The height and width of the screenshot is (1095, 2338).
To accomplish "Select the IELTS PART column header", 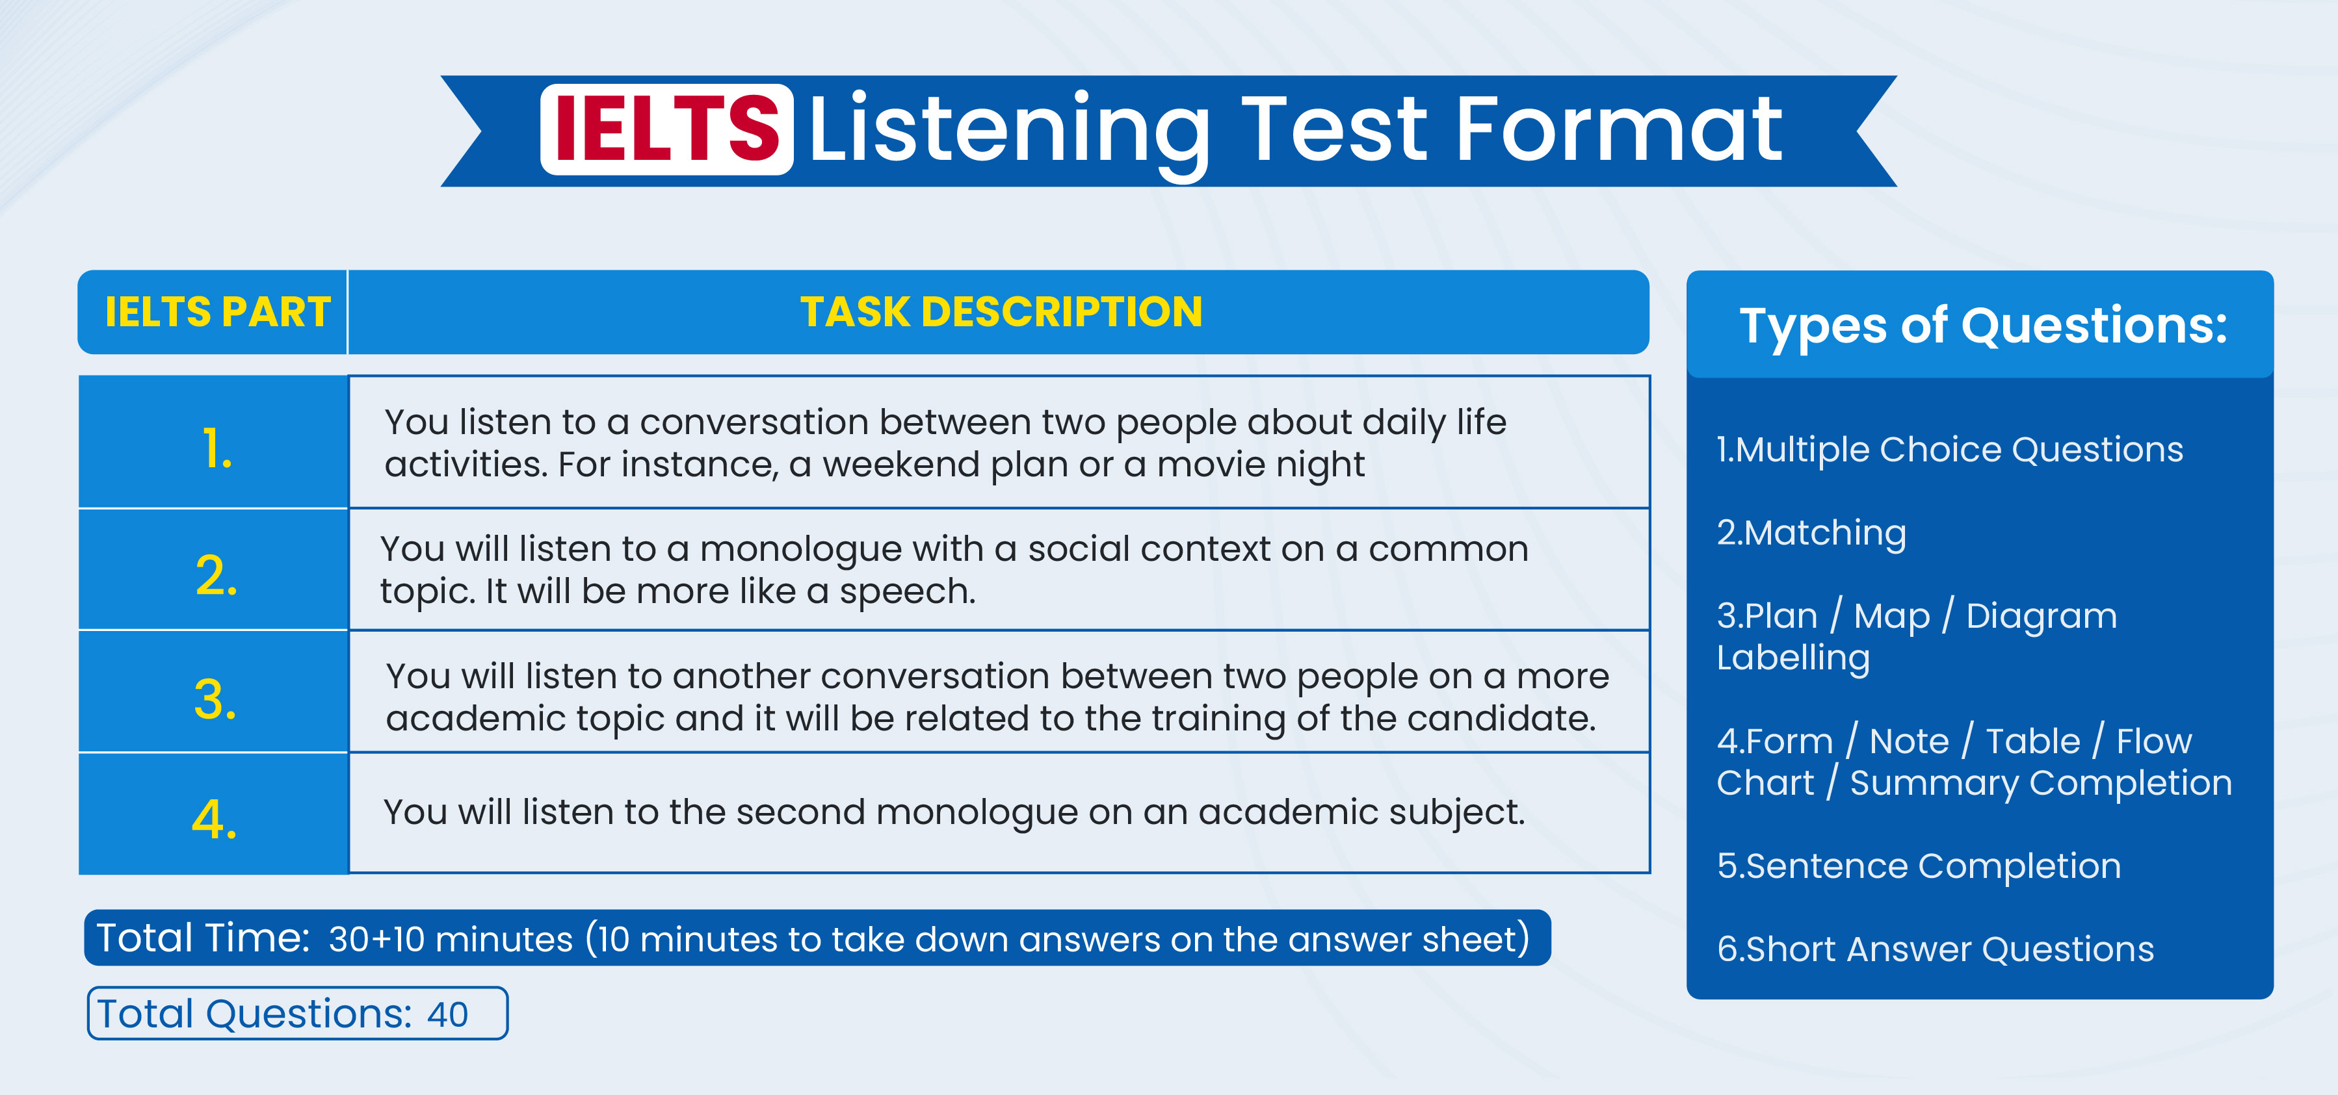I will coord(218,312).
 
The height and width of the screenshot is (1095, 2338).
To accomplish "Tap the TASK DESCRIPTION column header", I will coord(1001,312).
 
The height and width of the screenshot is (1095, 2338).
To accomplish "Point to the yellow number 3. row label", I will coord(215,699).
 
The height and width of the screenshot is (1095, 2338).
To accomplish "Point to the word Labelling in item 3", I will coord(1793,658).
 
